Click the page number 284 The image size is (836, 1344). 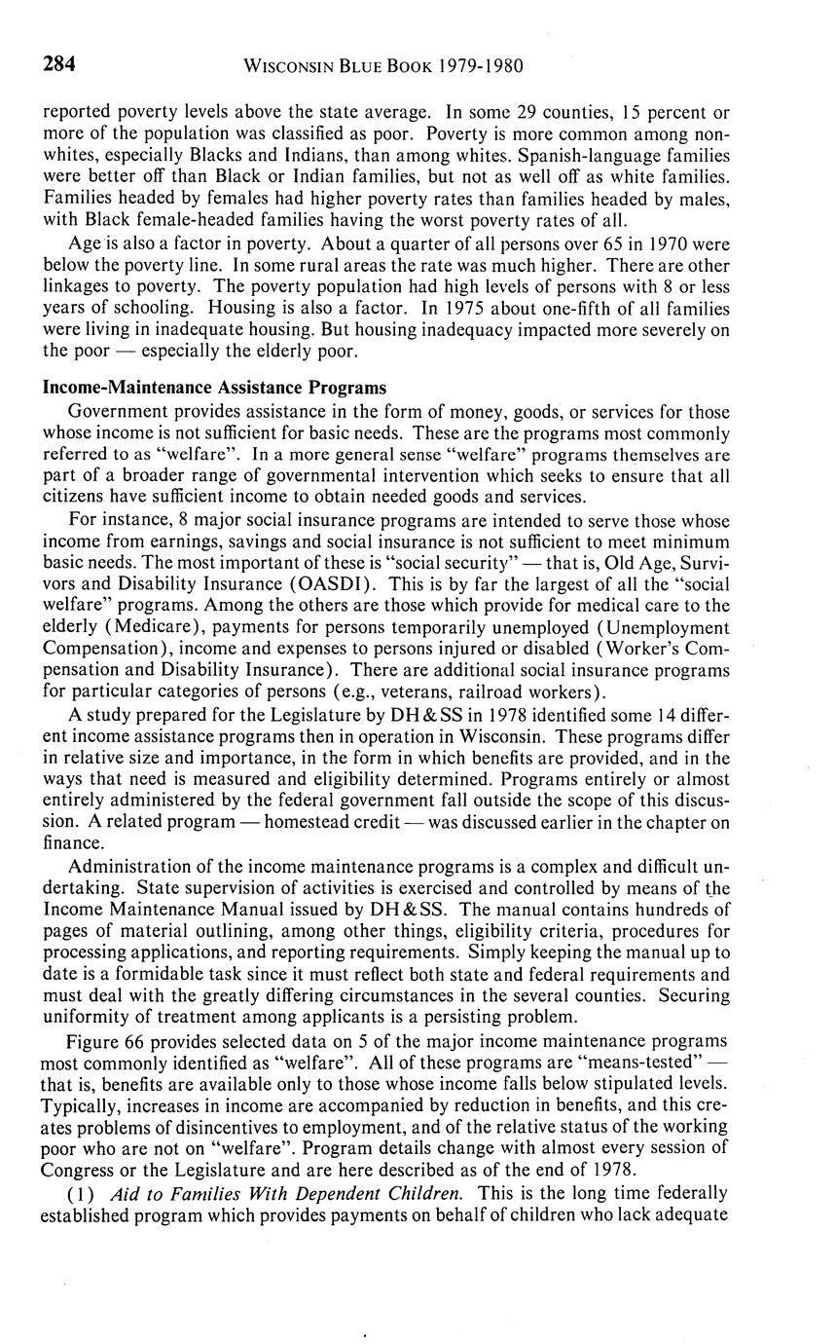pos(59,65)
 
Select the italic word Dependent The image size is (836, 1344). pos(326,1191)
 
